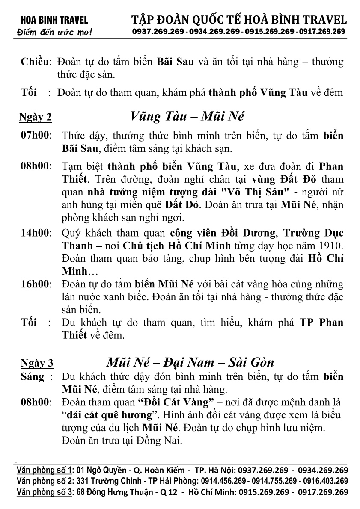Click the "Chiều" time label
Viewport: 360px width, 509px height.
pos(36,62)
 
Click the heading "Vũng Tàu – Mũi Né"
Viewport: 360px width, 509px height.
pos(187,116)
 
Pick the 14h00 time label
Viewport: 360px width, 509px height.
pos(36,233)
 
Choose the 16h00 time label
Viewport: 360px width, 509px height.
pos(36,284)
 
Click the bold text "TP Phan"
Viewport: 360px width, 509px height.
pos(321,322)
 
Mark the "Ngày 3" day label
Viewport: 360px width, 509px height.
pos(37,364)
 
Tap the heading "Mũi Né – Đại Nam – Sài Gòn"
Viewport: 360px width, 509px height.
pos(190,363)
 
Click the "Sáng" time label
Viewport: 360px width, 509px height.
pos(33,377)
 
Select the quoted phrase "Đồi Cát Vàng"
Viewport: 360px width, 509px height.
pos(175,402)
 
